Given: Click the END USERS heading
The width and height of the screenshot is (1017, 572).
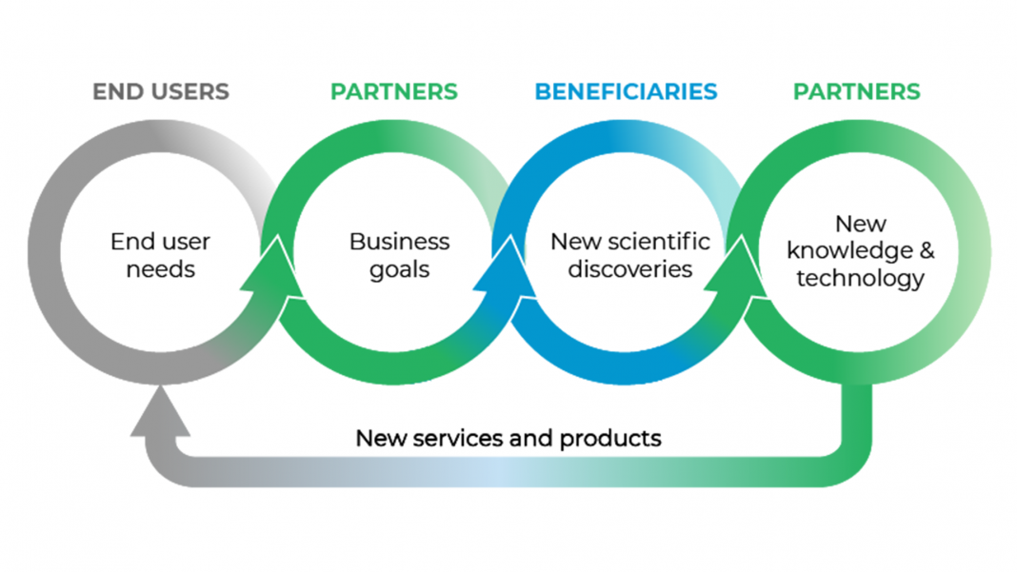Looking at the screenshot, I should (x=161, y=92).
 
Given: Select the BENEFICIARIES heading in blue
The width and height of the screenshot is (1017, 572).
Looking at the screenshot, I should (x=626, y=92).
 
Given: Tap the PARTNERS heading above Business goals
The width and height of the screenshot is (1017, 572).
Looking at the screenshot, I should (x=393, y=92).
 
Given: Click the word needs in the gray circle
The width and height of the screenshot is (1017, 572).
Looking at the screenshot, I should (x=160, y=269).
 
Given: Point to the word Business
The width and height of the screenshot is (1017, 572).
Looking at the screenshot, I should (x=399, y=242).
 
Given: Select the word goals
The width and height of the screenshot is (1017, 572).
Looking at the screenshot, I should (x=399, y=269).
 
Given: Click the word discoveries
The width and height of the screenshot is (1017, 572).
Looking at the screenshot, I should (x=629, y=269).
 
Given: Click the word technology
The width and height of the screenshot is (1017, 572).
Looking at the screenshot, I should (x=860, y=278).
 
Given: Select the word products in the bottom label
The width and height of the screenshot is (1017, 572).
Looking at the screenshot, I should (x=610, y=439).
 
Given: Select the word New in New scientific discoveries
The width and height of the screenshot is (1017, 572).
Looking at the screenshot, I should (x=574, y=242).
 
